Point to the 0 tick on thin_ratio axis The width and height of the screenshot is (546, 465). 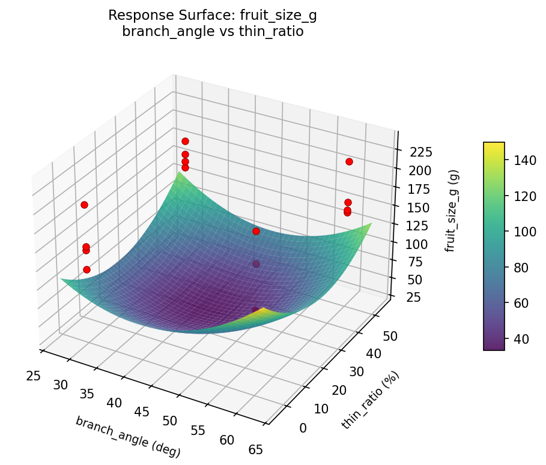[x=302, y=428]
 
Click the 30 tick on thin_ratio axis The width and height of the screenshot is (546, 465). [x=356, y=372]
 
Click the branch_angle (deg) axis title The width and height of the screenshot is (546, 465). [x=127, y=436]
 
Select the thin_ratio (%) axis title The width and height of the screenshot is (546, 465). [x=371, y=400]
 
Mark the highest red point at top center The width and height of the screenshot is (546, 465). [x=185, y=141]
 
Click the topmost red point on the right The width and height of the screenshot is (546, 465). [x=349, y=161]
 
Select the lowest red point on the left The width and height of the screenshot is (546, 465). [x=86, y=269]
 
